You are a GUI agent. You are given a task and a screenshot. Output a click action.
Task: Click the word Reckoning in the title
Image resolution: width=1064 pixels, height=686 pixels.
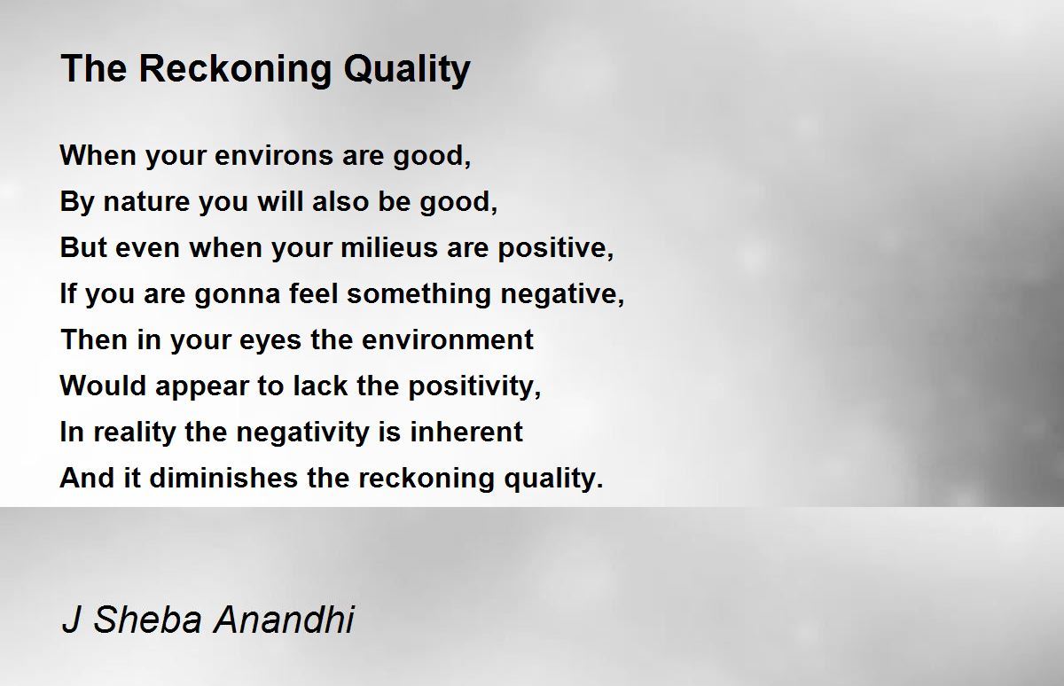click(235, 70)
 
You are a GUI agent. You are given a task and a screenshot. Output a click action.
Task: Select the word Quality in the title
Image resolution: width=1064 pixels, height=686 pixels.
click(407, 70)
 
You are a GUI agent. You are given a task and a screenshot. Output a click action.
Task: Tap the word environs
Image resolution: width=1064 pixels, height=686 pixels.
click(274, 156)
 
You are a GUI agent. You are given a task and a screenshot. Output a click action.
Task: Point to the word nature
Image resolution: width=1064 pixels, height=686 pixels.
click(147, 202)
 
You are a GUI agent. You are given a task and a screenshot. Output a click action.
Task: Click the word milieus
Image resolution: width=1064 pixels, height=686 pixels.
click(389, 247)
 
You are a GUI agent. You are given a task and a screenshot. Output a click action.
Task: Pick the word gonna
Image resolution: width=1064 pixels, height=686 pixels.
click(238, 295)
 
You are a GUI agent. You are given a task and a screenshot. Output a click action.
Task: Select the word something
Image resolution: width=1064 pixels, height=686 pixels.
click(419, 294)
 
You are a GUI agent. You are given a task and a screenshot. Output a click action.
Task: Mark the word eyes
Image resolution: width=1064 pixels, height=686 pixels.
click(270, 341)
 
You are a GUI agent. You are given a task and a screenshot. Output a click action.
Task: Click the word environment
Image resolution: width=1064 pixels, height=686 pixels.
click(448, 340)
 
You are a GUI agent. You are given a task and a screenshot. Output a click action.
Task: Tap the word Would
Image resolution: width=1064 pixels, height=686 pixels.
click(103, 386)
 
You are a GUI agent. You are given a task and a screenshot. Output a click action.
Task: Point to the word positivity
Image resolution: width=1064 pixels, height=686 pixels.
click(472, 386)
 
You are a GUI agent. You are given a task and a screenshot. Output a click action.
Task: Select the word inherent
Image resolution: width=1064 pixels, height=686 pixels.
click(466, 432)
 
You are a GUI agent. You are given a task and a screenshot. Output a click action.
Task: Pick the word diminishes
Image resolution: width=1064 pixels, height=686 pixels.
click(224, 478)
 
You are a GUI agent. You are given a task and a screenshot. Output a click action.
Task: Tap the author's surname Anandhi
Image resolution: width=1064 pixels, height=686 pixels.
click(284, 619)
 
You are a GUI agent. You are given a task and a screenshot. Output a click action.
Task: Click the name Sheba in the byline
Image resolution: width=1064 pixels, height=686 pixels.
click(147, 619)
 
